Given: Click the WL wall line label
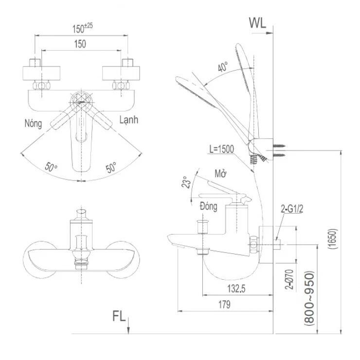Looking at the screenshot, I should pyautogui.click(x=257, y=23).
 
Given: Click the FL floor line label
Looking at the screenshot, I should pyautogui.click(x=119, y=316).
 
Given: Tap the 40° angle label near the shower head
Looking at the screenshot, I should pyautogui.click(x=223, y=68).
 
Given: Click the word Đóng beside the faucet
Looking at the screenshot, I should pyautogui.click(x=208, y=206).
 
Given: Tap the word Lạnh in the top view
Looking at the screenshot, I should pyautogui.click(x=128, y=119).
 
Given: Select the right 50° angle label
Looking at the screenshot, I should pyautogui.click(x=111, y=168).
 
